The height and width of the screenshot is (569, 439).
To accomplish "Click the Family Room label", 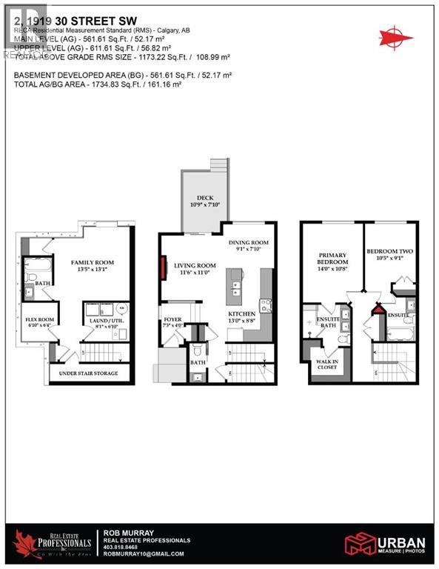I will point(90,263).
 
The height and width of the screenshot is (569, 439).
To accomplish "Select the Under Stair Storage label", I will point(88,373).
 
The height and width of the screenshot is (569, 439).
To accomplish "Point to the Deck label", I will point(200,198).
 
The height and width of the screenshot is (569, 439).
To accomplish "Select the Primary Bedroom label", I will point(332,259).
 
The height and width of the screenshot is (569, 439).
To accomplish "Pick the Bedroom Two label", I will point(391,252).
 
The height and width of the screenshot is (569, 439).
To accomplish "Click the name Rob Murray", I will point(128,532).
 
